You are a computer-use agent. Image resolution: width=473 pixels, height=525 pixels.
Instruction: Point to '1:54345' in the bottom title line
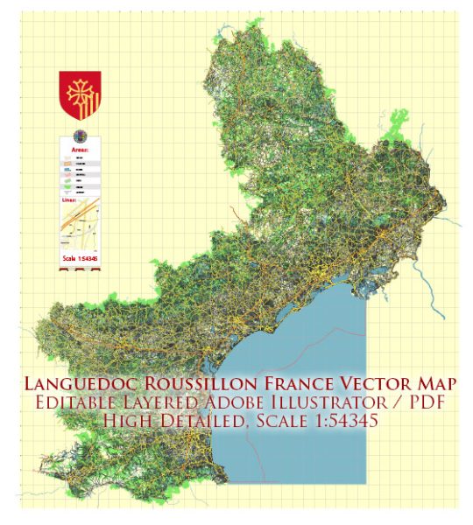[x=338, y=423]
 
